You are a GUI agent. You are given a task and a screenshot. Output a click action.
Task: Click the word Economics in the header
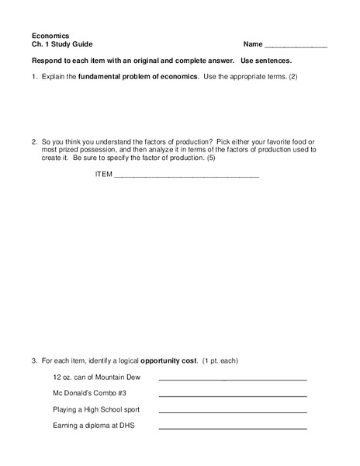[x=50, y=35]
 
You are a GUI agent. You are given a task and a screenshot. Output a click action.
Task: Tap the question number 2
[x=34, y=141]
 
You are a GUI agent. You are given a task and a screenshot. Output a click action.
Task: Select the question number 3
[x=34, y=361]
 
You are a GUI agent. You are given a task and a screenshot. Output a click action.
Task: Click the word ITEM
[x=103, y=174]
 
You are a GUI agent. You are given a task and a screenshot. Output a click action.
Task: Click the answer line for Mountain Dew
[x=233, y=380]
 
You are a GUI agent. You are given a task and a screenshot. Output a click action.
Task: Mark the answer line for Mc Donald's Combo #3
[x=233, y=396]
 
